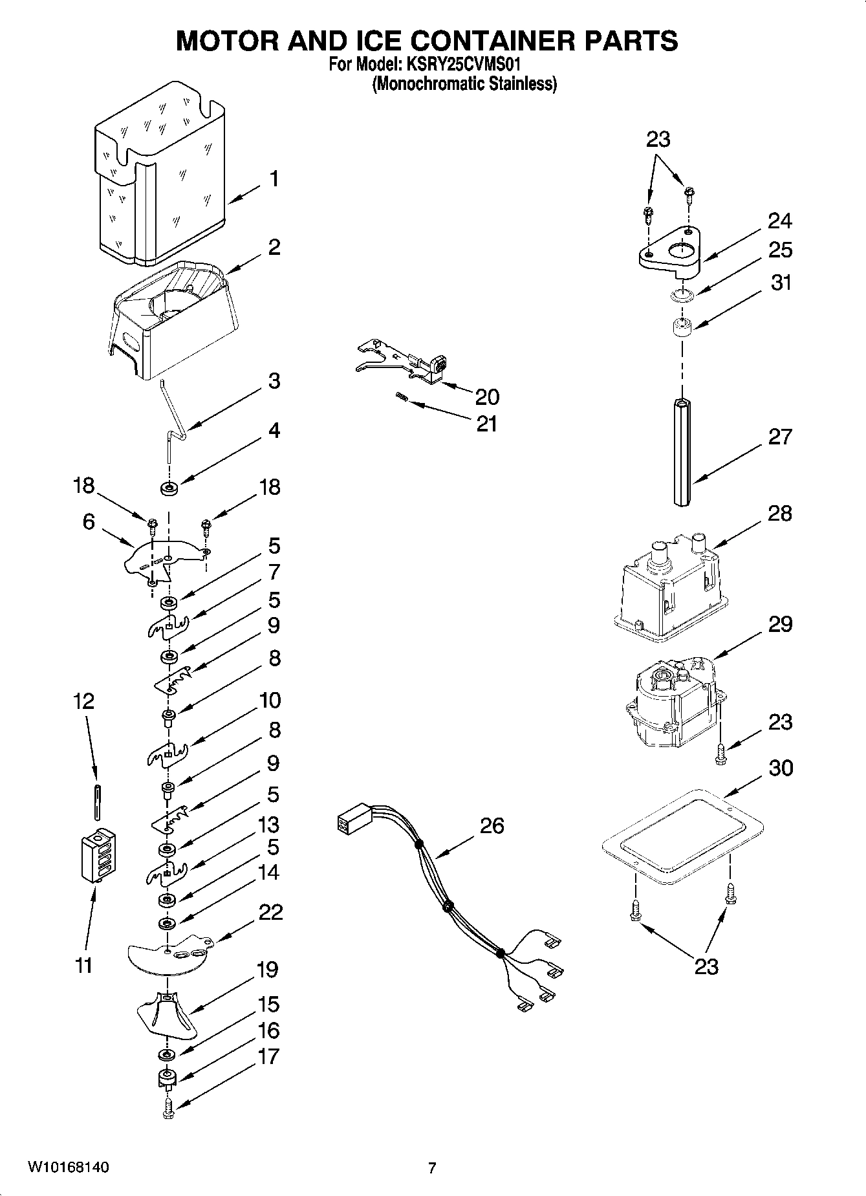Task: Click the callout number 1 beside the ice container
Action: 274,178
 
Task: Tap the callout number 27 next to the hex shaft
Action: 780,437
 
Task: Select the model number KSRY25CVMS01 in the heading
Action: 462,65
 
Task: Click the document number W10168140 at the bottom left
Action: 67,1168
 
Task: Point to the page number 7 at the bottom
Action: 432,1168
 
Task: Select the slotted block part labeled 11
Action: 97,855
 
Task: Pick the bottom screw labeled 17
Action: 168,1107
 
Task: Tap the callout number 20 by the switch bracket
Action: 486,397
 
